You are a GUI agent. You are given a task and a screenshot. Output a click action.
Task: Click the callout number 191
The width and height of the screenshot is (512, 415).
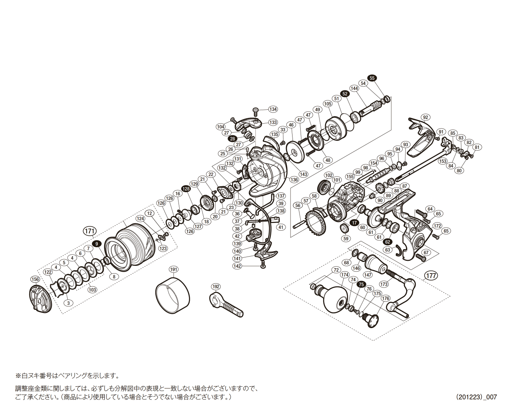click(174, 269)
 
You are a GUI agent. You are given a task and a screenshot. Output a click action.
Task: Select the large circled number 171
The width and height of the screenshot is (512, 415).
click(89, 231)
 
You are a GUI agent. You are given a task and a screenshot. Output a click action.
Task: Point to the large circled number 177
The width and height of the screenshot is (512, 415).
click(431, 275)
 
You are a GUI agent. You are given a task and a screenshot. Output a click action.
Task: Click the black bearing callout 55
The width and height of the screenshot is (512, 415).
click(372, 78)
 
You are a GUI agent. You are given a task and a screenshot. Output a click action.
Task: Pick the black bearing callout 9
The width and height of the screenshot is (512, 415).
click(97, 243)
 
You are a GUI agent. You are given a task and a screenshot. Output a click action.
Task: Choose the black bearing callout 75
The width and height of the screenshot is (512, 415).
click(361, 284)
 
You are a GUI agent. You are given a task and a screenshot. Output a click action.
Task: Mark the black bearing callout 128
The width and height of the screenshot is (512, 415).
click(186, 189)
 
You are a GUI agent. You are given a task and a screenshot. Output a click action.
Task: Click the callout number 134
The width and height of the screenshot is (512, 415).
click(273, 109)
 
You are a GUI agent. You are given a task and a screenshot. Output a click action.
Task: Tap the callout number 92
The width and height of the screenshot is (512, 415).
click(425, 117)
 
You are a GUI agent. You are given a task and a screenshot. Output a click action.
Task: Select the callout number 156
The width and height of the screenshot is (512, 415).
click(35, 279)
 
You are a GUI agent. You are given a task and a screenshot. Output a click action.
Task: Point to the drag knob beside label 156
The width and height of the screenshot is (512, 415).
click(40, 299)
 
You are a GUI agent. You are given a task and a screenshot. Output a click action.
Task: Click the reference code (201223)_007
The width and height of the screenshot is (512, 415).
click(476, 397)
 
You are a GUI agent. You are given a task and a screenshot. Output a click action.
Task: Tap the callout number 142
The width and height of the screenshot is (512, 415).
click(237, 266)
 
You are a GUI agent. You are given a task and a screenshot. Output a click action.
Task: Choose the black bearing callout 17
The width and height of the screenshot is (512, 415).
click(354, 223)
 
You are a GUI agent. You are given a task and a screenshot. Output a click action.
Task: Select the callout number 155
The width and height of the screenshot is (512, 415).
click(350, 177)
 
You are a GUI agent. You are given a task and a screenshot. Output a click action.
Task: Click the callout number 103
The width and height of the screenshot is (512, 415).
click(92, 290)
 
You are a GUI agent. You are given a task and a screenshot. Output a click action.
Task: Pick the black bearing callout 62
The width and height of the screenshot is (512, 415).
click(388, 242)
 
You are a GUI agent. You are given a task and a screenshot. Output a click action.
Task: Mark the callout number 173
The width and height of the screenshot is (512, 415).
click(383, 284)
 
